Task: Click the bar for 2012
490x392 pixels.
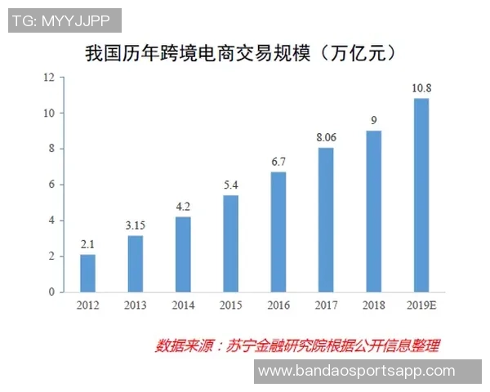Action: [x=87, y=273]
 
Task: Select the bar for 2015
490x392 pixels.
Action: [x=230, y=243]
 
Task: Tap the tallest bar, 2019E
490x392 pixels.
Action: [x=421, y=195]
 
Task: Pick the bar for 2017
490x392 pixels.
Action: [x=325, y=220]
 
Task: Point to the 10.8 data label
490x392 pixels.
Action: [x=421, y=89]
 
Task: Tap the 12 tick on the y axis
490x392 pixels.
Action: [x=49, y=78]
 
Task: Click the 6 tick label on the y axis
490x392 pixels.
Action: [x=51, y=185]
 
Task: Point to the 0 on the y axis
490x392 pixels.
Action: [x=51, y=292]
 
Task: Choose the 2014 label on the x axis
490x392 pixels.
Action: [x=183, y=305]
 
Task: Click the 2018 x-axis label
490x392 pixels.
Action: [x=373, y=305]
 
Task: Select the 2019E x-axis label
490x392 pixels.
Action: [x=421, y=305]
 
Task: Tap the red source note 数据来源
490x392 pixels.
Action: [x=297, y=345]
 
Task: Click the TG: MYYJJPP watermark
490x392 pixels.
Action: [x=65, y=20]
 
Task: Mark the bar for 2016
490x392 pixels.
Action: [x=278, y=232]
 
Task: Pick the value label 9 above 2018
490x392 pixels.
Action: [x=373, y=121]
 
